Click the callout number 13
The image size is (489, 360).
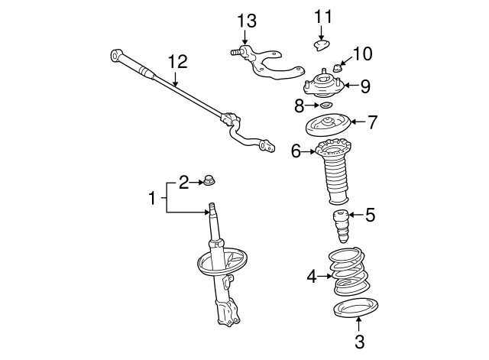[x=247, y=21]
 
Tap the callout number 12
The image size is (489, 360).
[x=178, y=61]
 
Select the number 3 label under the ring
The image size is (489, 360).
[x=360, y=342]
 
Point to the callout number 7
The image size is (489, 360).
[x=372, y=122]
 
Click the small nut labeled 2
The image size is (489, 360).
[x=209, y=180]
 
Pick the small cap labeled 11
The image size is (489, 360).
[x=321, y=45]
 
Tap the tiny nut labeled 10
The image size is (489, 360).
[x=338, y=68]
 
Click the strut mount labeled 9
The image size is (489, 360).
[x=323, y=84]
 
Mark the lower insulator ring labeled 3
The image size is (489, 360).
[x=356, y=308]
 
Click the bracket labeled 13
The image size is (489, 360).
[x=267, y=63]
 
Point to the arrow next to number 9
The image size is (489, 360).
[x=351, y=85]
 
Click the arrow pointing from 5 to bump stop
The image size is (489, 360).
[x=356, y=215]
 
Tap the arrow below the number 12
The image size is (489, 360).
[x=175, y=79]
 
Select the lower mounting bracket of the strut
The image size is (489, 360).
[x=228, y=313]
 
